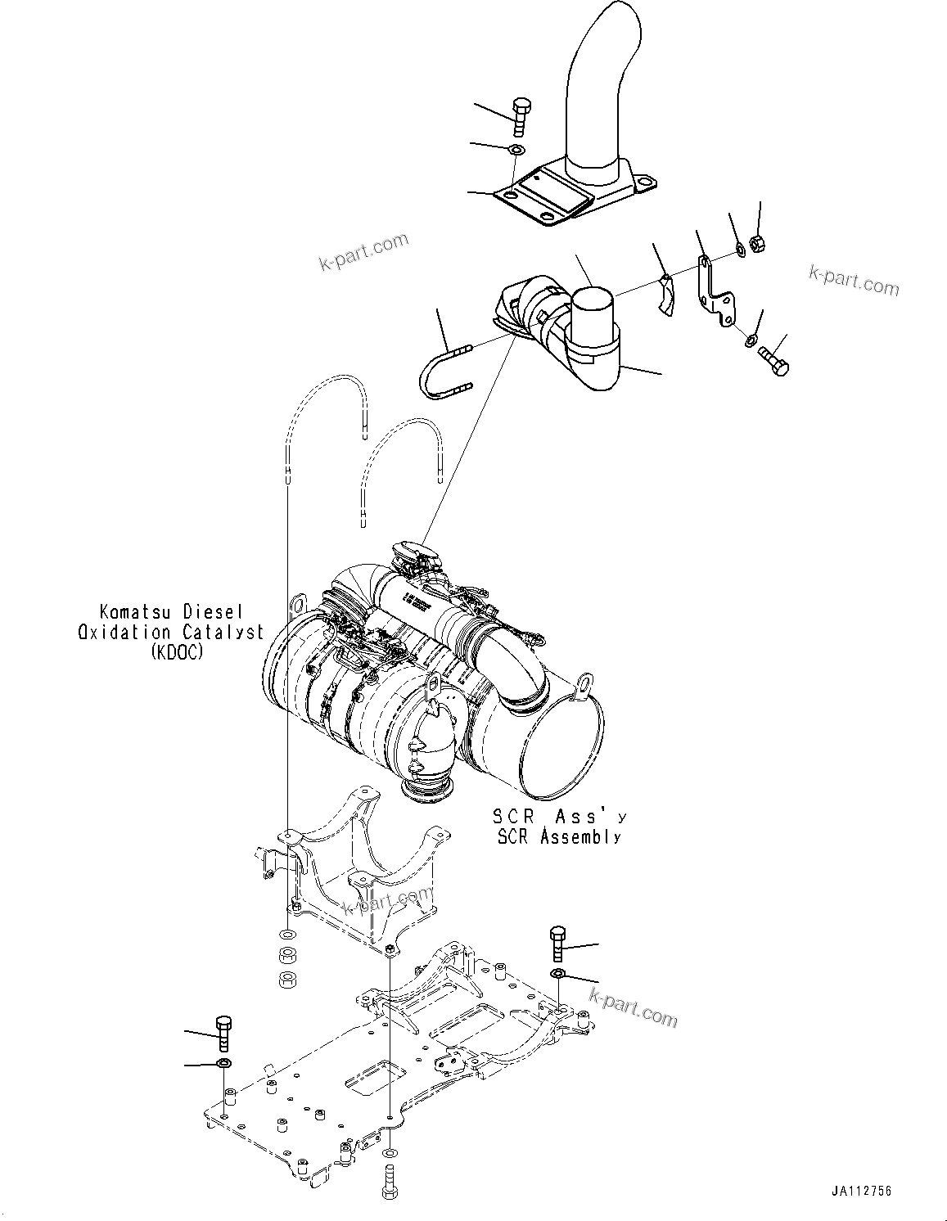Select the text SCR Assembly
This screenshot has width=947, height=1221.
(x=558, y=837)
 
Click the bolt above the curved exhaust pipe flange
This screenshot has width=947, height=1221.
(x=521, y=116)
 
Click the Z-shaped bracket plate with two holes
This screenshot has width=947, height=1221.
(x=714, y=289)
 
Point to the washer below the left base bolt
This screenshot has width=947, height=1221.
(x=222, y=1063)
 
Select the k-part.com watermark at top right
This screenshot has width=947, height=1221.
(x=853, y=280)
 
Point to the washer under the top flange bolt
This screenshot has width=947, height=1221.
(x=516, y=151)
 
